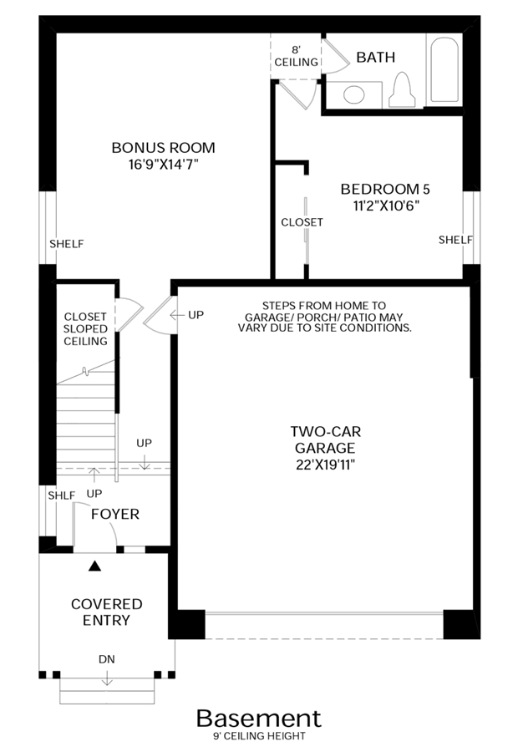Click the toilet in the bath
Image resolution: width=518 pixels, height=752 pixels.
point(402,90)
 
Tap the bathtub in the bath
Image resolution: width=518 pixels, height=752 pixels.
point(444,69)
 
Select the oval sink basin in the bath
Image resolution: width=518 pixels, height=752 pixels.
point(354,94)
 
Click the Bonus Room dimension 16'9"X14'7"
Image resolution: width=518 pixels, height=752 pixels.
point(163,165)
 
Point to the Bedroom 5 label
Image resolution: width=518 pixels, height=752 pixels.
point(385,189)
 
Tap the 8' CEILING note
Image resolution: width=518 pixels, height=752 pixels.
point(296,56)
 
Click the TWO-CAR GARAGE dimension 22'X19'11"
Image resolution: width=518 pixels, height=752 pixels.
point(325,465)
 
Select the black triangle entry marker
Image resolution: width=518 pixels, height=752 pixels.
point(95,567)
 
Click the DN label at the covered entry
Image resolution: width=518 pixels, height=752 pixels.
point(106,659)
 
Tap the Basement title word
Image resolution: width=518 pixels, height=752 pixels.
point(258,719)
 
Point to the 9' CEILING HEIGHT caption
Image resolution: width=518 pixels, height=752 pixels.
point(260,736)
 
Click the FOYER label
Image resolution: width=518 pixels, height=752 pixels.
point(115,514)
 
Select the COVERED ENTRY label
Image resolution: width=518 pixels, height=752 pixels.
point(106,612)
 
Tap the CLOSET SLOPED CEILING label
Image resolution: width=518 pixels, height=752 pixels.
point(85,329)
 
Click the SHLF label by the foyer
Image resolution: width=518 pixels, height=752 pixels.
point(61,495)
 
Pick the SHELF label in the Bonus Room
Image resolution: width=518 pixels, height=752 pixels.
point(67,244)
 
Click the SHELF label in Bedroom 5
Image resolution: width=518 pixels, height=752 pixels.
point(455,240)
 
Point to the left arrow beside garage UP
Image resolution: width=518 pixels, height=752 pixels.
point(177,315)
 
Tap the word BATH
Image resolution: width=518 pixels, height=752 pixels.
point(376,57)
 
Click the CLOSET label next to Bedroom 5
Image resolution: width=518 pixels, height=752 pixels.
point(302,222)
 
